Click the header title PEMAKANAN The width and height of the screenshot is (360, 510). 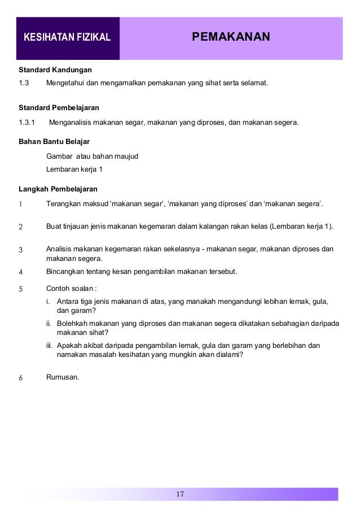(231, 38)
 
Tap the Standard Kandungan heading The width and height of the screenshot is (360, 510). (55, 71)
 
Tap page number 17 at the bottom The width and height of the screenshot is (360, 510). (180, 495)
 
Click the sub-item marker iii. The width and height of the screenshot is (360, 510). (50, 345)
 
